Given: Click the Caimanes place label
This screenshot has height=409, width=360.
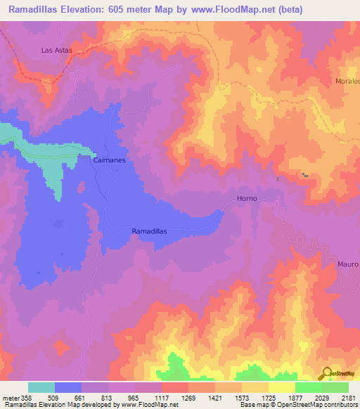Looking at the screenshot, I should click(x=109, y=160).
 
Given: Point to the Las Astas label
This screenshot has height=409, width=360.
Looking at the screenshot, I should click(x=57, y=51).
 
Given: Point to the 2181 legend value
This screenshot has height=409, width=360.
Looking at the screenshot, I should click(x=348, y=398).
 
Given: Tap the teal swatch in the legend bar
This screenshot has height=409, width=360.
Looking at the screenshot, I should click(x=41, y=387).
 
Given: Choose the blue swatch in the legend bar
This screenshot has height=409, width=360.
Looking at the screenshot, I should click(x=68, y=387).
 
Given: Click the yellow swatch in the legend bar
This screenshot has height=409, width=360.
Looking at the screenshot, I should click(x=282, y=387).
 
